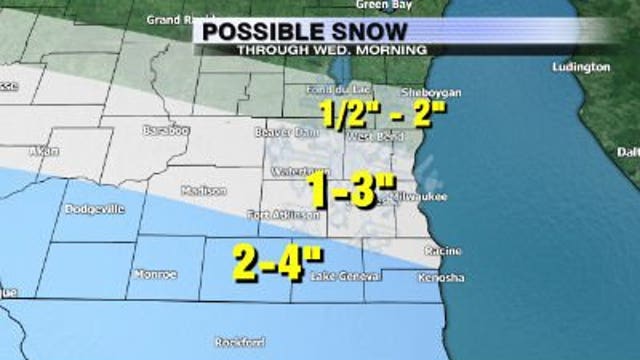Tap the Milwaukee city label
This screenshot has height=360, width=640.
click(x=424, y=196)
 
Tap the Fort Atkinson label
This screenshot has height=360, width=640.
click(x=284, y=214)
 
